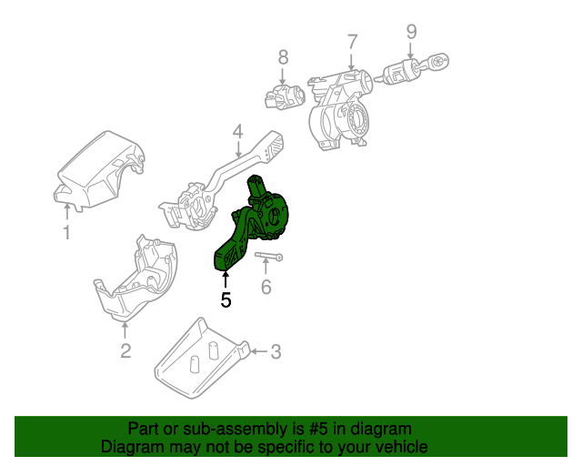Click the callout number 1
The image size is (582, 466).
66,234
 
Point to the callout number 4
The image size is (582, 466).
236,132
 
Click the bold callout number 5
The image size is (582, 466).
226,298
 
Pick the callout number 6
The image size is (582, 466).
266,288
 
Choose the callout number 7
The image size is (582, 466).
352,42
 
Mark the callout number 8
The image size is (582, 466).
283,56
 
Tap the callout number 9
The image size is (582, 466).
411,32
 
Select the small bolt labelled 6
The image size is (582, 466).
268,258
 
